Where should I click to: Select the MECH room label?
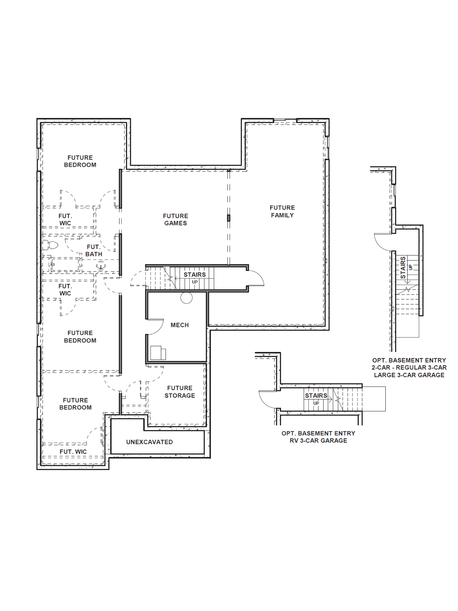(180, 325)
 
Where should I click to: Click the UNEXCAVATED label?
(149, 442)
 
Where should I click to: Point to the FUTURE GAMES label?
(176, 220)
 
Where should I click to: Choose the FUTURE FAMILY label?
(282, 211)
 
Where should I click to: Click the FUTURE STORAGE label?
(180, 392)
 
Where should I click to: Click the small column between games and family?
(229, 218)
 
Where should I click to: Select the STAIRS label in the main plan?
(195, 275)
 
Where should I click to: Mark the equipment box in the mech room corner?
(158, 353)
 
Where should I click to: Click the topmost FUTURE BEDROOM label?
(80, 161)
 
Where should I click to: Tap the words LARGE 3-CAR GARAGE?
(409, 375)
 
